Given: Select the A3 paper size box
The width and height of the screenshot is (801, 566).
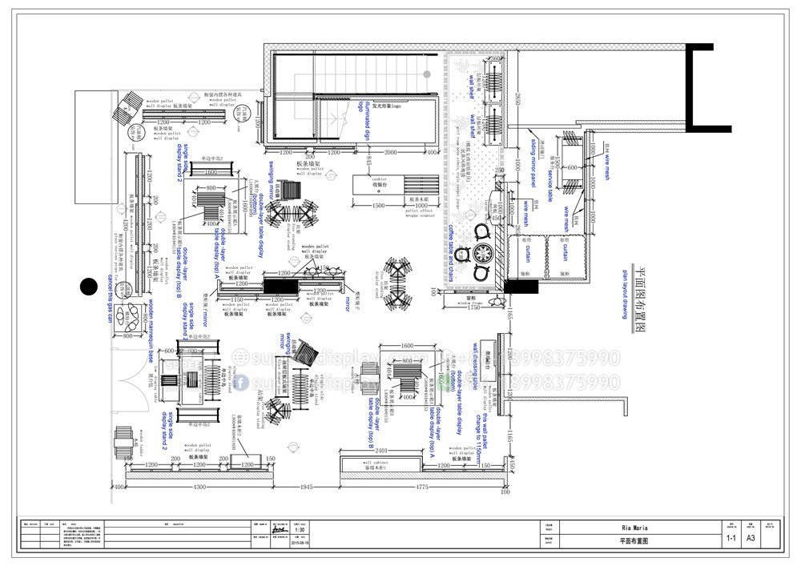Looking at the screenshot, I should click(751, 540).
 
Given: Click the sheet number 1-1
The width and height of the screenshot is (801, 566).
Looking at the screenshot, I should click(731, 540).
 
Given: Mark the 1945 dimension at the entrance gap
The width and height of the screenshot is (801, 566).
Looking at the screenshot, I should click(304, 487).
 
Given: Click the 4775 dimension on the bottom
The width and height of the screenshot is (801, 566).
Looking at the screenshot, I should click(422, 487).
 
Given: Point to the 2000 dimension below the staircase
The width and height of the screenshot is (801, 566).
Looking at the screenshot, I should click(390, 151).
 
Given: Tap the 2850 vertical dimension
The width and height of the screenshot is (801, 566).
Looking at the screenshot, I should click(517, 102).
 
